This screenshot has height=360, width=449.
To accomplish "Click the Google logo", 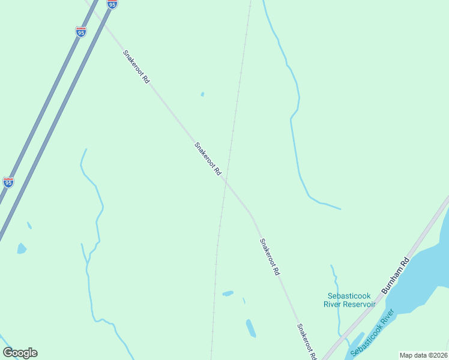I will pyautogui.click(x=20, y=353).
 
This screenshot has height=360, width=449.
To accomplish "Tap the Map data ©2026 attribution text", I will pyautogui.click(x=424, y=355).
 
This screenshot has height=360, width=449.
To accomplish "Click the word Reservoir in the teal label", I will pyautogui.click(x=358, y=304).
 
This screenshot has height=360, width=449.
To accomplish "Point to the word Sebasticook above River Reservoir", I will pyautogui.click(x=349, y=296).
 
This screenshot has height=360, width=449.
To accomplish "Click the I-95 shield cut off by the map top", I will pyautogui.click(x=112, y=4).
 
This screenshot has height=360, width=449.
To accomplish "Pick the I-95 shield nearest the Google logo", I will pyautogui.click(x=8, y=182).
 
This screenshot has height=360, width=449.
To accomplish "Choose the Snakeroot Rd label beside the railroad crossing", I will pyautogui.click(x=208, y=158).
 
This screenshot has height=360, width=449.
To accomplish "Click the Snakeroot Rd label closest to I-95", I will pyautogui.click(x=136, y=67).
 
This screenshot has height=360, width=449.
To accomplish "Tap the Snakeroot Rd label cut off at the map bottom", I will pyautogui.click(x=306, y=342).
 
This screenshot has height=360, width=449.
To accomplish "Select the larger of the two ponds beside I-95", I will pyautogui.click(x=22, y=248).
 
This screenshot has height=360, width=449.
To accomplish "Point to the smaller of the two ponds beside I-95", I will pyautogui.click(x=29, y=226).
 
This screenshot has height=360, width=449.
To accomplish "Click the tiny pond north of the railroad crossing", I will pyautogui.click(x=202, y=94).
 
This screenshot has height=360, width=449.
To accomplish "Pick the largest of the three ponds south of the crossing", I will pyautogui.click(x=251, y=328).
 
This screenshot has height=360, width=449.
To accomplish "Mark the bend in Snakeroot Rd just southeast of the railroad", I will pyautogui.click(x=251, y=213).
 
